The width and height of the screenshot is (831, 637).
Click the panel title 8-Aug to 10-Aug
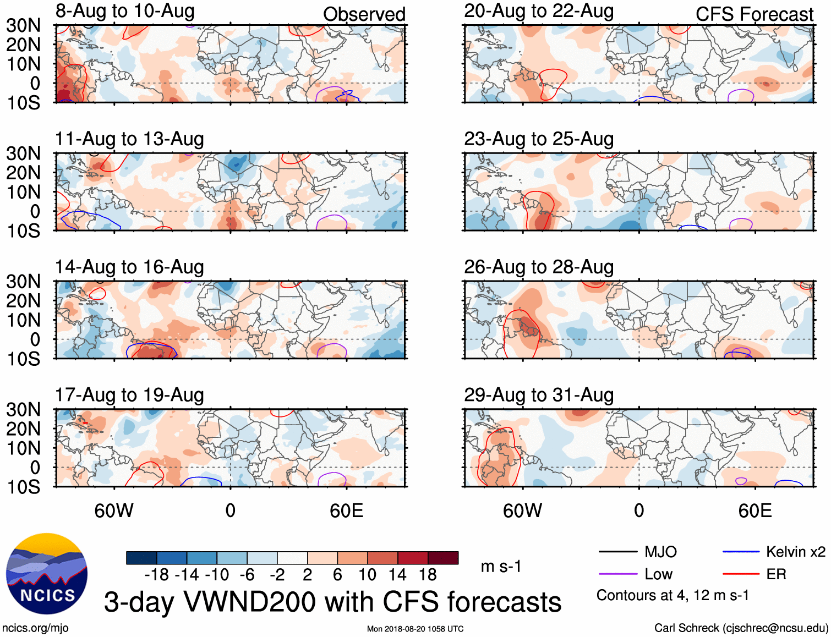pyautogui.click(x=125, y=11)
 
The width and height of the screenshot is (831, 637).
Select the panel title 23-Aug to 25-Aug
pyautogui.click(x=539, y=139)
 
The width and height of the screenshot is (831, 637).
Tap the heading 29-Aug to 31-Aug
pyautogui.click(x=539, y=395)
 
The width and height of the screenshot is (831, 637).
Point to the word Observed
pyautogui.click(x=364, y=14)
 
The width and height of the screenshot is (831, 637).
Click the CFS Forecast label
pyautogui.click(x=755, y=14)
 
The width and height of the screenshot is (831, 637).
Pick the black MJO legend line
pyautogui.click(x=618, y=552)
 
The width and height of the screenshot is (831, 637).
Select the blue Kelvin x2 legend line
pyautogui.click(x=741, y=552)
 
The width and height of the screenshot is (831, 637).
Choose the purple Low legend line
pyautogui.click(x=618, y=574)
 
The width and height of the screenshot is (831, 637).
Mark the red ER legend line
pyautogui.click(x=741, y=574)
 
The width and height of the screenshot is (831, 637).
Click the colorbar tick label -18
pyautogui.click(x=157, y=575)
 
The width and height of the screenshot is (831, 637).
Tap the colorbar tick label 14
pyautogui.click(x=397, y=575)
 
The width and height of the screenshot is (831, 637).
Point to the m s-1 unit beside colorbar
pyautogui.click(x=501, y=567)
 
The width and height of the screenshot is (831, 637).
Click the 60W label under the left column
pyautogui.click(x=114, y=510)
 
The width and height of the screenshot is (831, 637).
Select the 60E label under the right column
pyautogui.click(x=755, y=510)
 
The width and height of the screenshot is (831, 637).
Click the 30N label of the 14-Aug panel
pyautogui.click(x=23, y=282)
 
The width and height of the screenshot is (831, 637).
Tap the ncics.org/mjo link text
pyautogui.click(x=35, y=628)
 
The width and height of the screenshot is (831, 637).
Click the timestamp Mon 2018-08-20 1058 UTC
pyautogui.click(x=415, y=629)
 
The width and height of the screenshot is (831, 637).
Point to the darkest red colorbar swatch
pyautogui.click(x=443, y=558)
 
